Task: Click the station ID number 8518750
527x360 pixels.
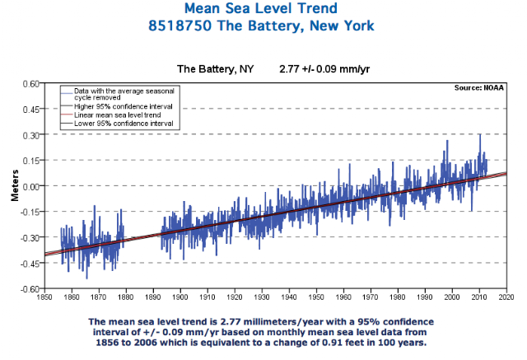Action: [194, 26]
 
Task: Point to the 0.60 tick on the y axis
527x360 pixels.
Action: [30, 83]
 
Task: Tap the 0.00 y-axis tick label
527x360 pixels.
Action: [30, 186]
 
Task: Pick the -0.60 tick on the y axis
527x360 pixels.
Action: [30, 289]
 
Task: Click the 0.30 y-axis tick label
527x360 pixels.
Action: [30, 134]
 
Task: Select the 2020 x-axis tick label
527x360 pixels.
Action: [506, 297]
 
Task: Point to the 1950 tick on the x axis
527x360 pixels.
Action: [315, 297]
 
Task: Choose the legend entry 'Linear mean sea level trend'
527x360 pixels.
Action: [117, 116]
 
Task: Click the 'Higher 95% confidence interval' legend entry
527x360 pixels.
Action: [122, 107]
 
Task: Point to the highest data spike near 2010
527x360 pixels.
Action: [480, 135]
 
